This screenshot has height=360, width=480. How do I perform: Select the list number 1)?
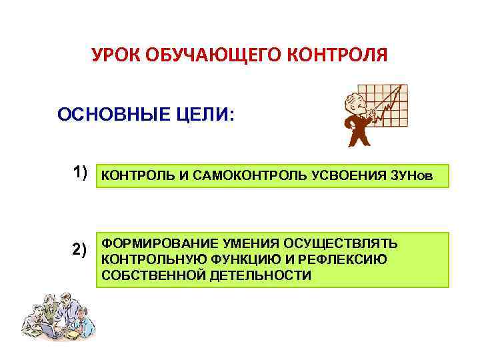coord(80,174)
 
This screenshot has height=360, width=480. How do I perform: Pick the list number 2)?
coord(80,251)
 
